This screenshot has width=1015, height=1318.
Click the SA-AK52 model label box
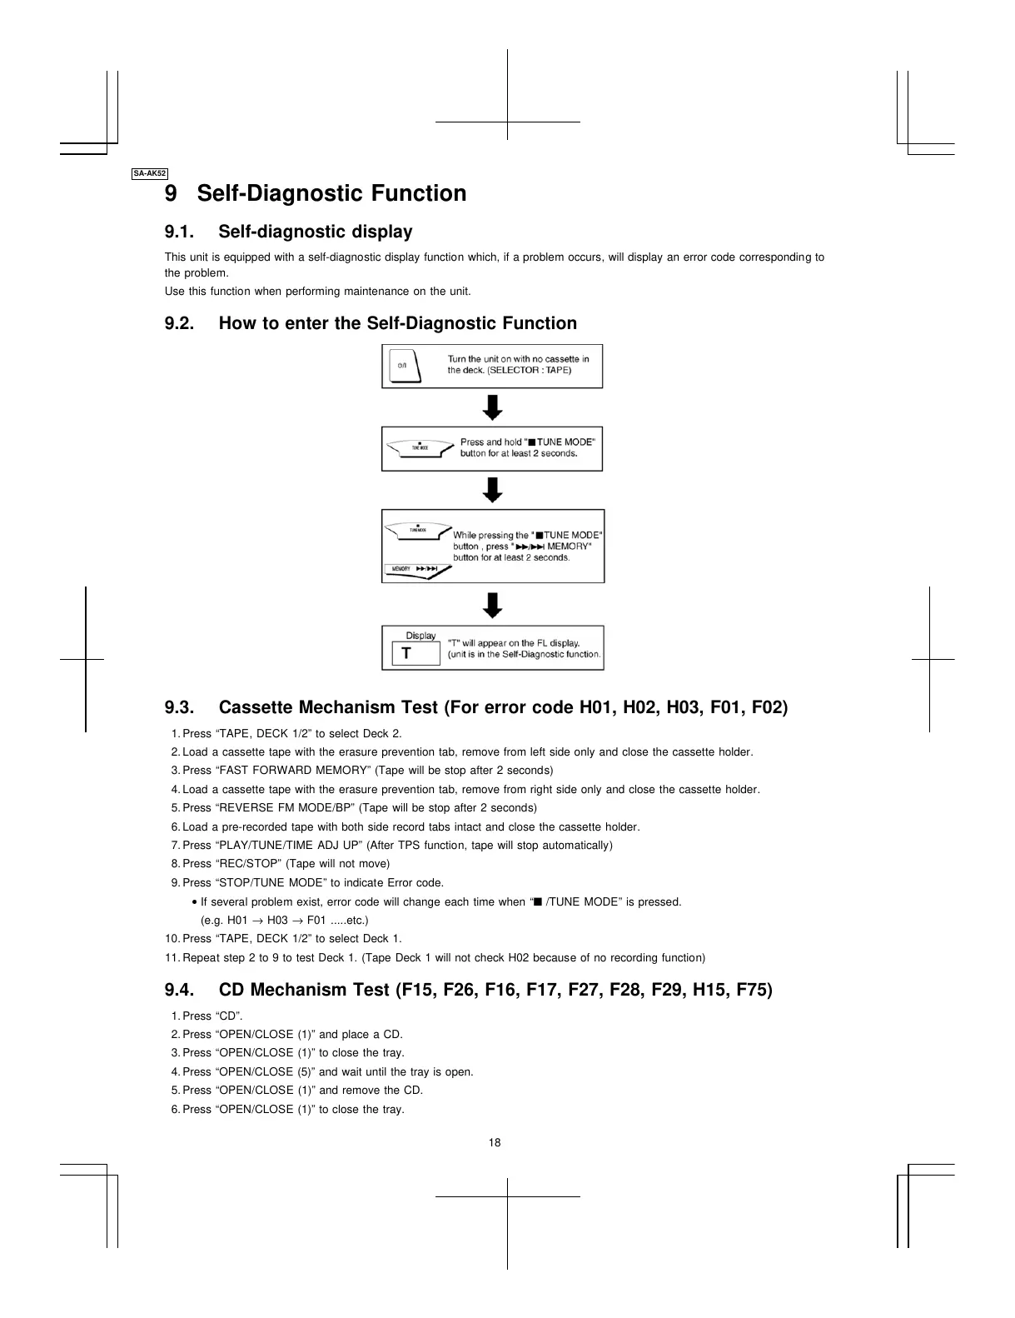pyautogui.click(x=150, y=173)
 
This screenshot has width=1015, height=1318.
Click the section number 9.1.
pyautogui.click(x=179, y=232)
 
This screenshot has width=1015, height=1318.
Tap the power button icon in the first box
pyautogui.click(x=404, y=366)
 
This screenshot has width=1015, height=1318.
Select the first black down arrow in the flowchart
pyautogui.click(x=493, y=407)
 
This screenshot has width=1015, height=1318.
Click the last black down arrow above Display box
pyautogui.click(x=493, y=605)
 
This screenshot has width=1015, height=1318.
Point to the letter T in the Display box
pyautogui.click(x=406, y=654)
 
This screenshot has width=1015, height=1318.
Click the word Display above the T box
pyautogui.click(x=420, y=636)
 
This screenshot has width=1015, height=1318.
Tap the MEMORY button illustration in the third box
pyautogui.click(x=417, y=571)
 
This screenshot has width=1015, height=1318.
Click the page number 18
pyautogui.click(x=495, y=1142)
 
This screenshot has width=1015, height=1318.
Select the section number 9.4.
pyautogui.click(x=179, y=990)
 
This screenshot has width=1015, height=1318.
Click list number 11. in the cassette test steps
pyautogui.click(x=172, y=957)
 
